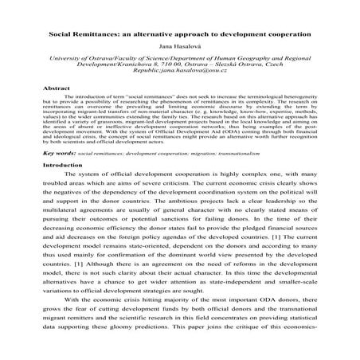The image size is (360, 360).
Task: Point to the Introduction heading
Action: pyautogui.click(x=61, y=209)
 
